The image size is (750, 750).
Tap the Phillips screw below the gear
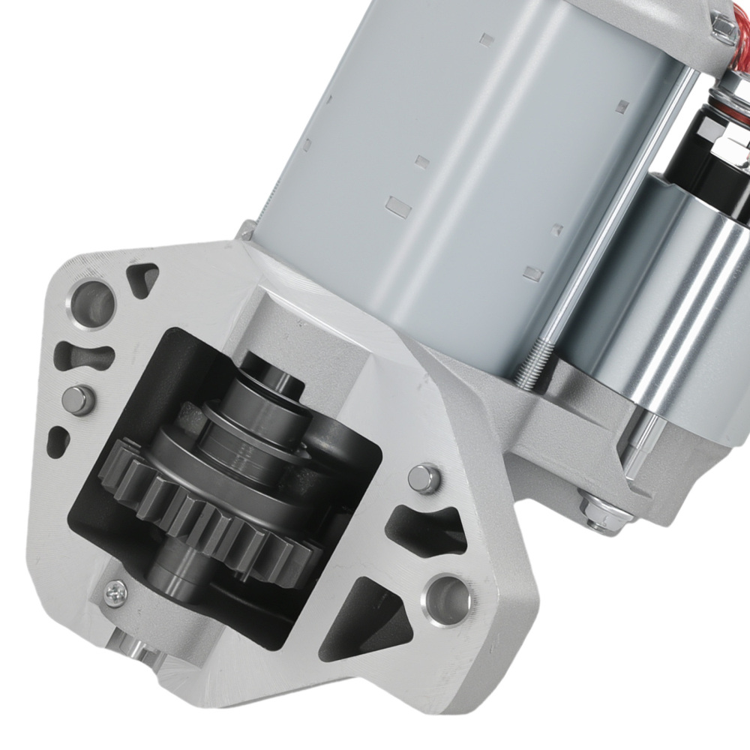click(x=116, y=592)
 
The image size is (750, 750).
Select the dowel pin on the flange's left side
click(x=78, y=398)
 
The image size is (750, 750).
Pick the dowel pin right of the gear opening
click(x=424, y=478)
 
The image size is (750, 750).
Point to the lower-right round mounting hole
click(x=448, y=596)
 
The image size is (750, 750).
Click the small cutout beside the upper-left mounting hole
click(x=142, y=278)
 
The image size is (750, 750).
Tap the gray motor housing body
click(x=450, y=150)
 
